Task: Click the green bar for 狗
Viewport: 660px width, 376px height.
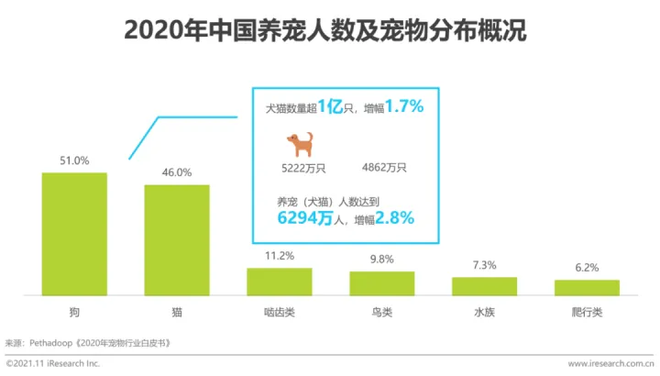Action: (74, 234)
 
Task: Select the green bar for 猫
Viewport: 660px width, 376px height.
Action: (177, 240)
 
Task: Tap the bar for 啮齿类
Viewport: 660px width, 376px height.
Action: (280, 282)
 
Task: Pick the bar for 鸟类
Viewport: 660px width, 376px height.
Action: (381, 283)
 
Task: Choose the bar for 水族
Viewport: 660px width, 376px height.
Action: (484, 286)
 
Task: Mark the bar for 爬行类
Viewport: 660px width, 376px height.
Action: (587, 287)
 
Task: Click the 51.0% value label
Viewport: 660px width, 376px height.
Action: (74, 160)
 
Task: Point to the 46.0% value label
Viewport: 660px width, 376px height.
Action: (177, 172)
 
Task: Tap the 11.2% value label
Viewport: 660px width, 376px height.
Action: (279, 256)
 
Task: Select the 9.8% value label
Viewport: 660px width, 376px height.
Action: (381, 260)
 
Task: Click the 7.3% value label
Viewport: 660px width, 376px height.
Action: (484, 265)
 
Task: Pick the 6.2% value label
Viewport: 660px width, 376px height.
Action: (587, 268)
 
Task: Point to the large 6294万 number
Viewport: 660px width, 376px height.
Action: (307, 218)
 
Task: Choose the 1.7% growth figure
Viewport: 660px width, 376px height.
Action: (403, 107)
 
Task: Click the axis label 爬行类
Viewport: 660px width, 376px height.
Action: (587, 313)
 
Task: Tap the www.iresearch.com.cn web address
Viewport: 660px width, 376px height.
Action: (610, 364)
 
